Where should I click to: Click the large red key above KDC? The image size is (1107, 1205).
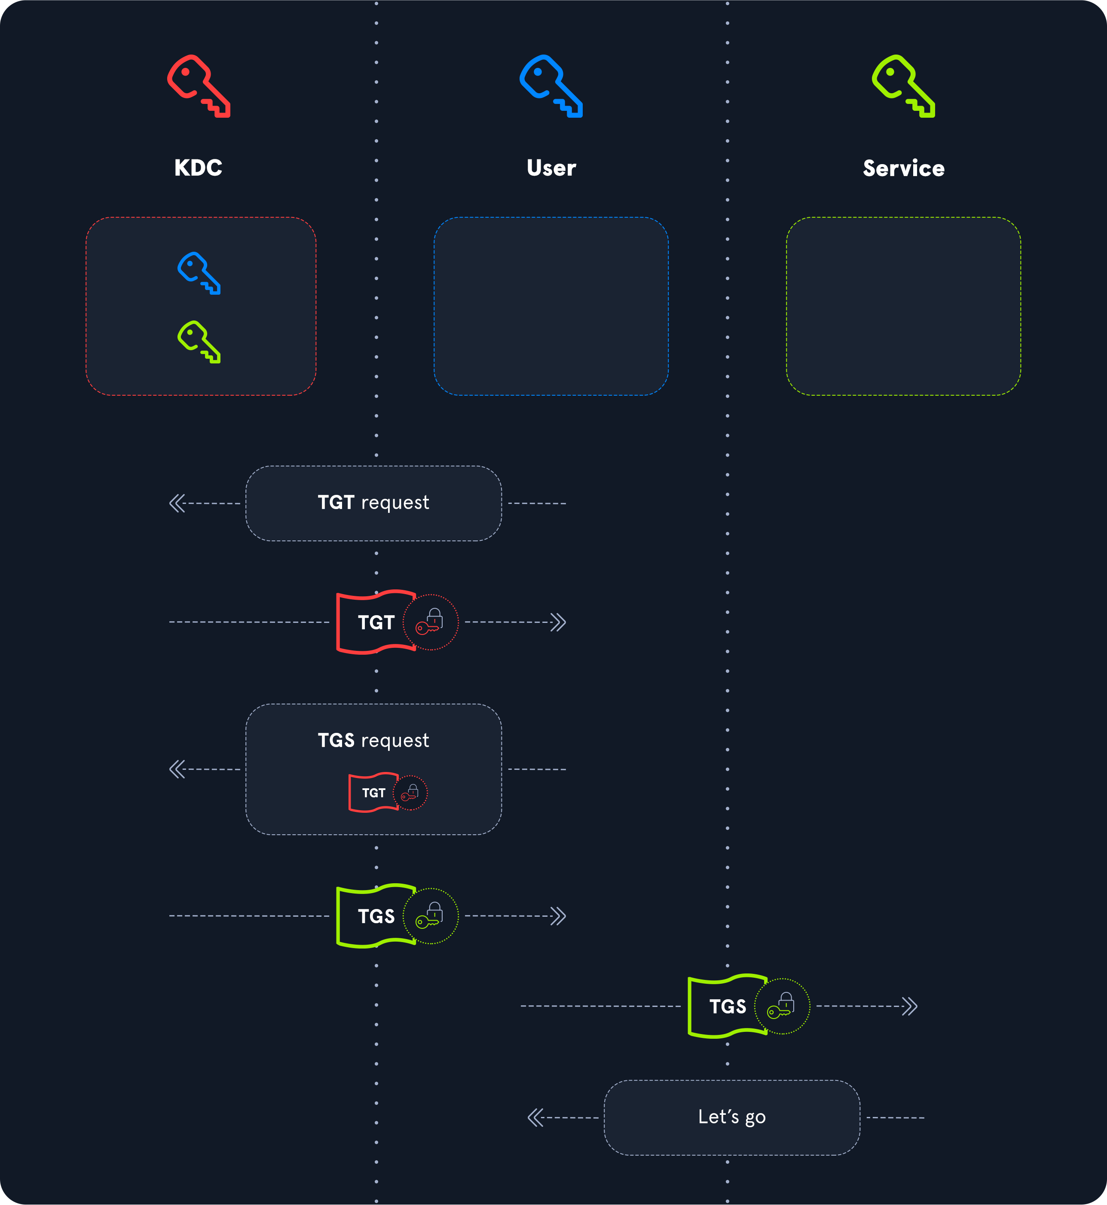(x=198, y=86)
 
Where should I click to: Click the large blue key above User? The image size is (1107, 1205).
(x=550, y=86)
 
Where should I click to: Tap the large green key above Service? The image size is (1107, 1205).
(x=903, y=86)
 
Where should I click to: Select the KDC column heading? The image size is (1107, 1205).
(x=198, y=168)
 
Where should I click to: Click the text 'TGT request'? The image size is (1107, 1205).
(x=373, y=503)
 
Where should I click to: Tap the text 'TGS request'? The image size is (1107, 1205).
(x=373, y=740)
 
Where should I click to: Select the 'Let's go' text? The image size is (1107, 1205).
(x=731, y=1117)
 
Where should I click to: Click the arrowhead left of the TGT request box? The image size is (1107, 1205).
(x=177, y=503)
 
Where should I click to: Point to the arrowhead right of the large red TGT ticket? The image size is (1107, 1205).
(x=558, y=622)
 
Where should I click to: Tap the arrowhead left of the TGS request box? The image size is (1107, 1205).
(x=177, y=769)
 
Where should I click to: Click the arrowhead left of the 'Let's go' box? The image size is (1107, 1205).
(x=535, y=1117)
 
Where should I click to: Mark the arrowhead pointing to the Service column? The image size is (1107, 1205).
(x=910, y=1006)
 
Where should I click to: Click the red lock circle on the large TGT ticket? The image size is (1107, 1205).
(x=430, y=622)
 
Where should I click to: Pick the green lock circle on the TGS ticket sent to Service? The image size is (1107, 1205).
(x=782, y=1006)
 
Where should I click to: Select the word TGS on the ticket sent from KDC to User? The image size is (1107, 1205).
(x=376, y=916)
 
